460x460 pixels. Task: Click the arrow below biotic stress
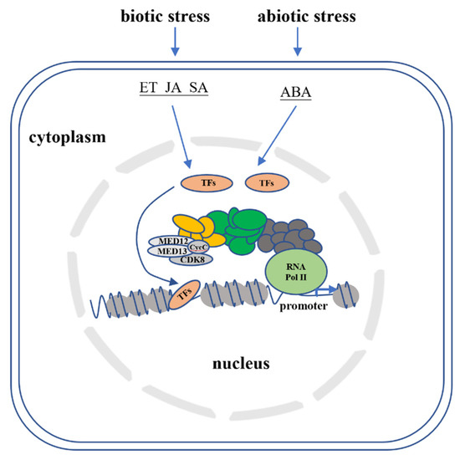click(x=175, y=42)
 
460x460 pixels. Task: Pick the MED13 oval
click(x=167, y=250)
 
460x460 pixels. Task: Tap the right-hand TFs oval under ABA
click(x=265, y=182)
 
